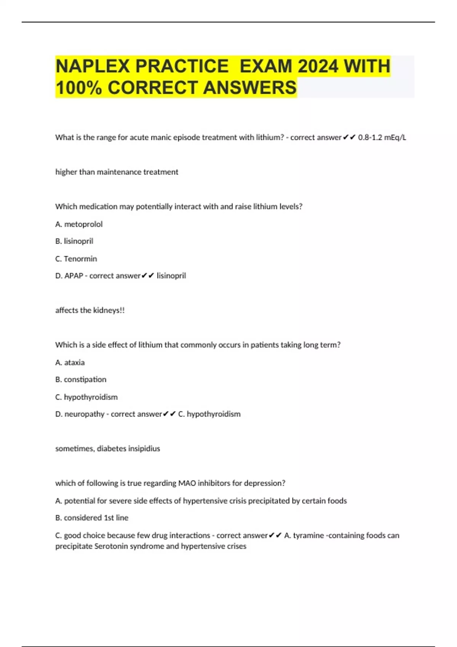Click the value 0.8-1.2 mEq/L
tap(382, 137)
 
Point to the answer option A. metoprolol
tap(79, 224)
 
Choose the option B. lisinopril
tap(74, 241)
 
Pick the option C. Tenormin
tap(76, 259)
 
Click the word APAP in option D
tap(74, 276)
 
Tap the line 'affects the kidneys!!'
tap(90, 310)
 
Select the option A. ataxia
tap(70, 362)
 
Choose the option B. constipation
tap(81, 379)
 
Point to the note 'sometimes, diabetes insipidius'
tap(107, 448)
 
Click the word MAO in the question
tap(187, 483)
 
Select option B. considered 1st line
tap(92, 518)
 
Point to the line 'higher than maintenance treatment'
tap(117, 172)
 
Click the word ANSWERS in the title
tap(249, 88)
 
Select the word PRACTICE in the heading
tap(182, 66)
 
